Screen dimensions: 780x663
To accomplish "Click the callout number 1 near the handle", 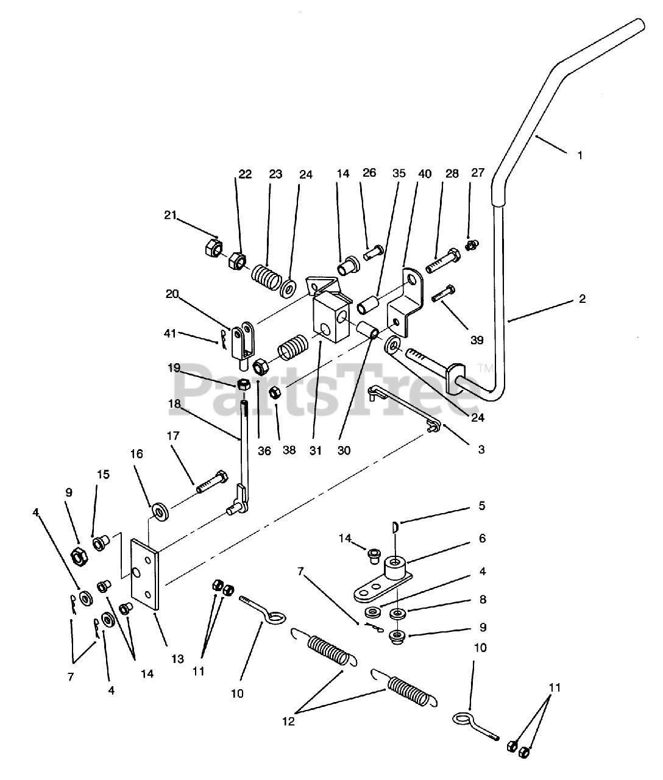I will point(580,155).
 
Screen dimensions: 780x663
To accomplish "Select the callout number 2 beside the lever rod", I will point(582,299).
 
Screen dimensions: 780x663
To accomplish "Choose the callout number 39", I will point(476,340).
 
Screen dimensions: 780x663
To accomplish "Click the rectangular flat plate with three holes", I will point(146,573).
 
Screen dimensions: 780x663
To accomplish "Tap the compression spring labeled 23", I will point(266,277).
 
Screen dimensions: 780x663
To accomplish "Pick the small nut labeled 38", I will point(275,392).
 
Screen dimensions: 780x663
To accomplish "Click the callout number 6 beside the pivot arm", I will point(482,539).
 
